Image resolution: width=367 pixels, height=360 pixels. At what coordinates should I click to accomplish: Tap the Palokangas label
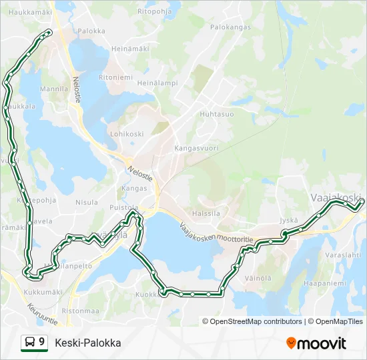pos(230,27)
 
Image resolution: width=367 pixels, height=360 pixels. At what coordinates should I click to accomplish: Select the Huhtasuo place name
pos(217,114)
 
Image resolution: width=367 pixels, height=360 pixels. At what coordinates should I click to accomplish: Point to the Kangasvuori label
pos(196,148)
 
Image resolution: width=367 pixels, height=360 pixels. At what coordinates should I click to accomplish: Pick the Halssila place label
pos(206,213)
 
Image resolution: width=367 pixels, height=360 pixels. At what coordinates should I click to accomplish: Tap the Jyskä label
pos(289,220)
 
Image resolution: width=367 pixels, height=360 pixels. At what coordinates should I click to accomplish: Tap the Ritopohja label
pos(155,11)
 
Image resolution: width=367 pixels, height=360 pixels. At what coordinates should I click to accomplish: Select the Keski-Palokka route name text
pos(88,343)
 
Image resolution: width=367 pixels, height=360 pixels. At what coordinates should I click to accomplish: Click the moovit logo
pos(316,343)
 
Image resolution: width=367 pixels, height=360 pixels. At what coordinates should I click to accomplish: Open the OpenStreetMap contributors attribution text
pos(256,321)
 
